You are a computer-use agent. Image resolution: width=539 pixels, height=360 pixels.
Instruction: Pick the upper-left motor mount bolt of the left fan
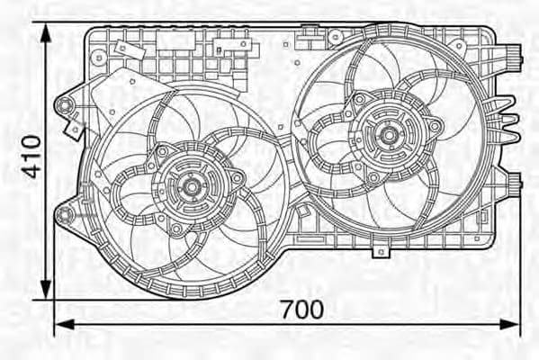coord(162,151)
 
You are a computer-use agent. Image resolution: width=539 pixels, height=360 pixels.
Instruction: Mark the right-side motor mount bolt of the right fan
coord(435,126)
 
